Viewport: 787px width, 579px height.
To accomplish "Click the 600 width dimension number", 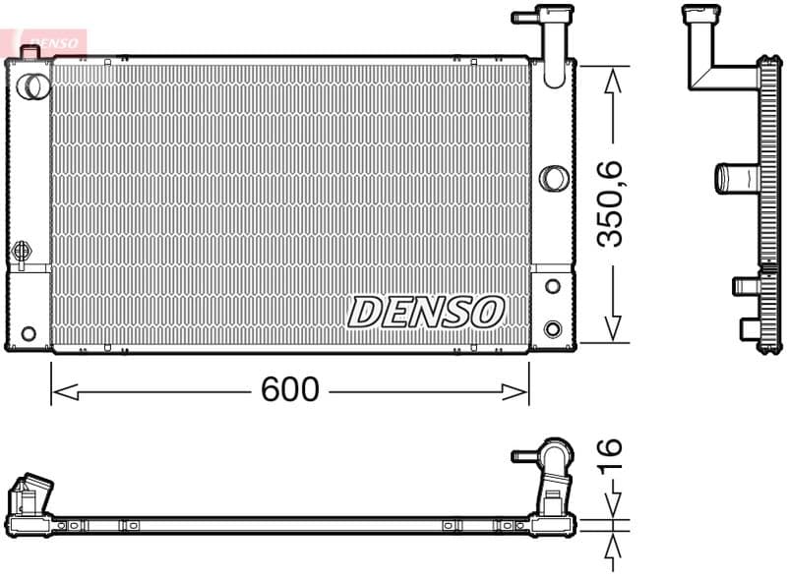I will pos(290,390).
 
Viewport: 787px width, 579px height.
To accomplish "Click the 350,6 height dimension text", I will pos(611,204).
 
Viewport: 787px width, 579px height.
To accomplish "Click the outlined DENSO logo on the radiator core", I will pos(426,312).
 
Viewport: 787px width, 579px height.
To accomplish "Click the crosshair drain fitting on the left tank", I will pos(21,253).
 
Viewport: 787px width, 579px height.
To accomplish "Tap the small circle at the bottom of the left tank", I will pos(29,333).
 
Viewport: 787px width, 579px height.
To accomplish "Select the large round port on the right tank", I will pos(554,178).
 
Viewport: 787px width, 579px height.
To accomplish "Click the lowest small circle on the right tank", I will pos(553,328).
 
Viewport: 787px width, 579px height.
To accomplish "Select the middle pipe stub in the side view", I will pos(733,178).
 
